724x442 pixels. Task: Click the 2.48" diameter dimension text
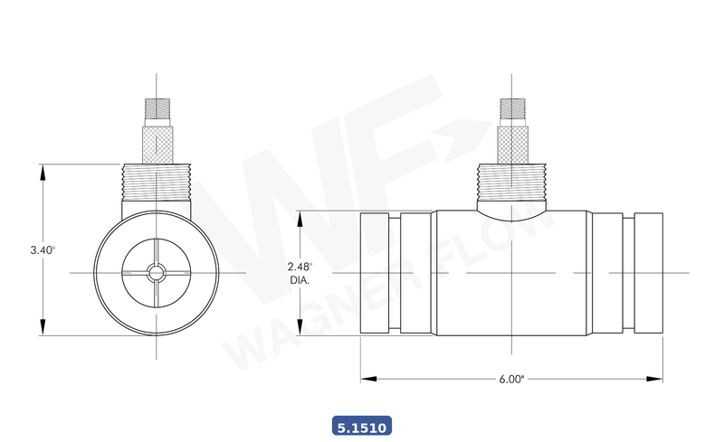point(300,267)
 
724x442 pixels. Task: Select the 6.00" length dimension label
point(511,380)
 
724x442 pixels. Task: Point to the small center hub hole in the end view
point(157,272)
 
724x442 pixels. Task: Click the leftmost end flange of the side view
point(376,272)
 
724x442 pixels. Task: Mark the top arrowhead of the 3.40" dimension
point(43,170)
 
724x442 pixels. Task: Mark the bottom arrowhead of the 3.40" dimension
point(43,330)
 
